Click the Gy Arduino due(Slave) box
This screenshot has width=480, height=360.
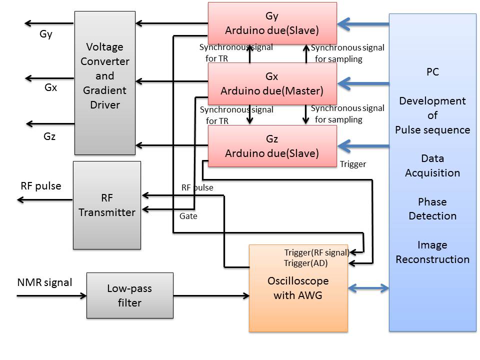pyautogui.click(x=272, y=23)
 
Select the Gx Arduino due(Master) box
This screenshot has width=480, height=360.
pyautogui.click(x=272, y=83)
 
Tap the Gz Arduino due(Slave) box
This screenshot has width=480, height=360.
pyautogui.click(x=272, y=145)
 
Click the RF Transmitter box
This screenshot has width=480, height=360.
pyautogui.click(x=107, y=205)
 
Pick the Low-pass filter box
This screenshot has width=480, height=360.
pyautogui.click(x=129, y=295)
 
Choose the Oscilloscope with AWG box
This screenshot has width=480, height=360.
pyautogui.click(x=298, y=288)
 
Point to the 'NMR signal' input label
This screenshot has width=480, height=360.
pyautogui.click(x=44, y=282)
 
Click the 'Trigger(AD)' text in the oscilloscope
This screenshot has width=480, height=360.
pyautogui.click(x=306, y=263)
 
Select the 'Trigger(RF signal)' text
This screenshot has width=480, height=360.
pyautogui.click(x=316, y=252)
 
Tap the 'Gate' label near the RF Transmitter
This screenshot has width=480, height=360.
pyautogui.click(x=188, y=216)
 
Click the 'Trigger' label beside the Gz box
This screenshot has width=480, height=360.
pyautogui.click(x=353, y=164)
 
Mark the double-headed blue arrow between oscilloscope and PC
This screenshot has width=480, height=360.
pyautogui.click(x=368, y=288)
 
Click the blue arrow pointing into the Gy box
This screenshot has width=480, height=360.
pyautogui.click(x=363, y=23)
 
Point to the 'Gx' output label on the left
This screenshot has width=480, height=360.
pyautogui.click(x=50, y=87)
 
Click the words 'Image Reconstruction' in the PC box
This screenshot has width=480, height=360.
pyautogui.click(x=432, y=252)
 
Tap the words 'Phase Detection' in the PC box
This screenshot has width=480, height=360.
pyautogui.click(x=432, y=209)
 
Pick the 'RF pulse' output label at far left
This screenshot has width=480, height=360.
pyautogui.click(x=41, y=186)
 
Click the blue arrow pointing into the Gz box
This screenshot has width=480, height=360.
pyautogui.click(x=363, y=146)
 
